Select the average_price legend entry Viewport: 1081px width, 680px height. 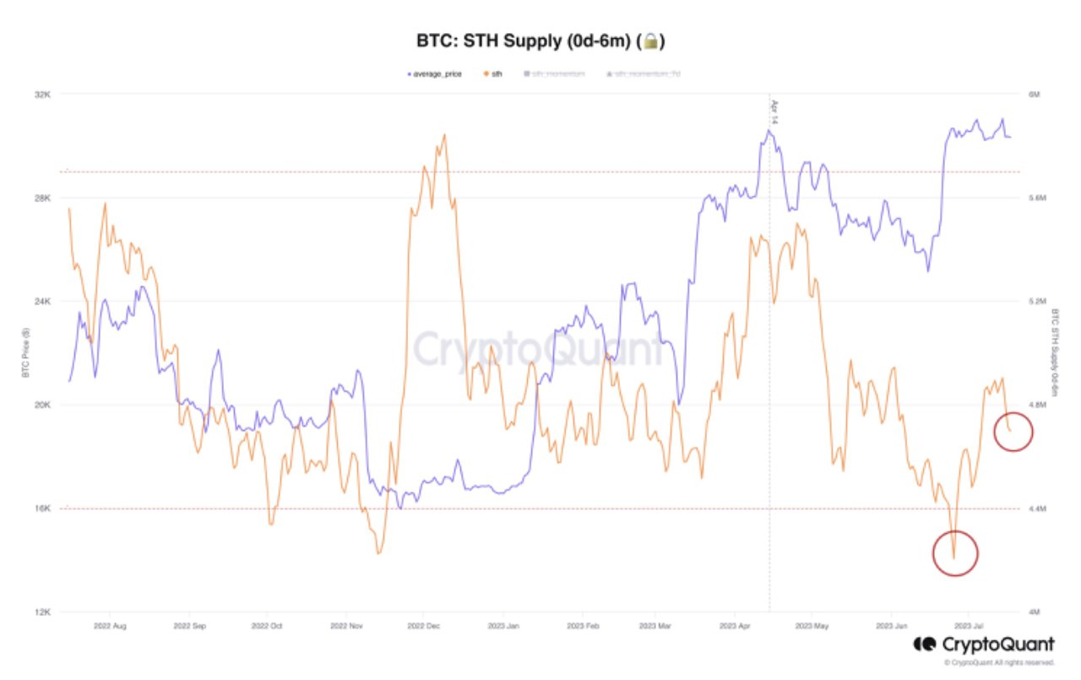[436, 74]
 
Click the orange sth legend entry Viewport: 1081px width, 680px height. [492, 74]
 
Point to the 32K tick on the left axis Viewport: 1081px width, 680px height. [42, 95]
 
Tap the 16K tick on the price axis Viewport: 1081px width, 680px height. [42, 509]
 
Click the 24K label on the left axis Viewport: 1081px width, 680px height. [42, 302]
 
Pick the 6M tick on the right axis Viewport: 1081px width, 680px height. [1033, 95]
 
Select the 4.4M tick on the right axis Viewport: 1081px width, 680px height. [1036, 509]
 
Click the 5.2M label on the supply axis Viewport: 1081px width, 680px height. [1036, 302]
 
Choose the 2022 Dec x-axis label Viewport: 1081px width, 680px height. [423, 627]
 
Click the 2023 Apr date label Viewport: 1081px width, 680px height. [734, 627]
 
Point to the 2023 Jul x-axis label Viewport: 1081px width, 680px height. [968, 627]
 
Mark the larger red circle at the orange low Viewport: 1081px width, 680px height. [954, 553]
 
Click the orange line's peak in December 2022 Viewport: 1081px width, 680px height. [444, 134]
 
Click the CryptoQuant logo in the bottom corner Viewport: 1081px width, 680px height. [984, 645]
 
